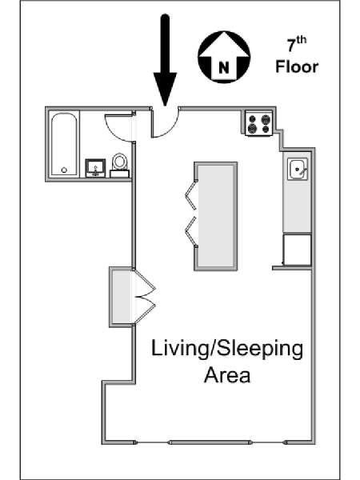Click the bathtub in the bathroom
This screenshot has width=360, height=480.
[64, 144]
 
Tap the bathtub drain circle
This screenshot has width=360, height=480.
[64, 170]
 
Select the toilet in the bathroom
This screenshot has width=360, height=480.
[119, 166]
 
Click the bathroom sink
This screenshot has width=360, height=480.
[95, 168]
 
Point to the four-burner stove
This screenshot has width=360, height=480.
[258, 123]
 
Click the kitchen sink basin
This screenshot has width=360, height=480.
[298, 169]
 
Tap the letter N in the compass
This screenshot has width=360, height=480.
[224, 67]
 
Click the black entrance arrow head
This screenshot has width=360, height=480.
[165, 89]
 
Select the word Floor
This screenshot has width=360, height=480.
[297, 66]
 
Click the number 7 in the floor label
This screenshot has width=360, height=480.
[292, 46]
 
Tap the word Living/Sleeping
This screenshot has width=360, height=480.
[227, 350]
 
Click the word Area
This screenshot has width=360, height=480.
[227, 375]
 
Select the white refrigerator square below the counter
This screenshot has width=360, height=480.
[297, 250]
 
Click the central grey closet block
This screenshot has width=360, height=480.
[215, 216]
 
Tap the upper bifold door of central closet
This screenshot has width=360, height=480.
[190, 196]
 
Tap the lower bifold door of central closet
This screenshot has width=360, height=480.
[190, 231]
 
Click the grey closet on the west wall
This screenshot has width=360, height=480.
[122, 296]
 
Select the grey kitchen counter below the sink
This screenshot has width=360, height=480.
[297, 207]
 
